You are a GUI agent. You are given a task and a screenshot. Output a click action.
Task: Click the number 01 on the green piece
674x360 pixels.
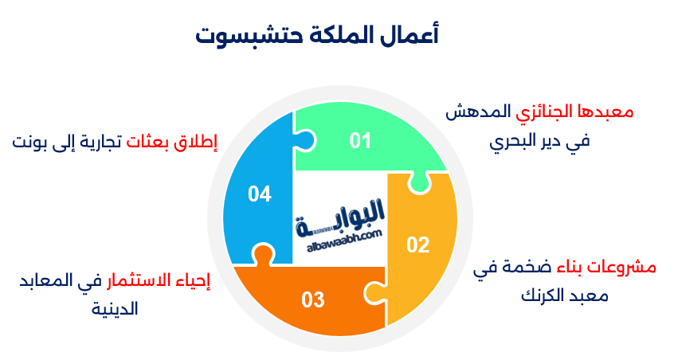point(361,141)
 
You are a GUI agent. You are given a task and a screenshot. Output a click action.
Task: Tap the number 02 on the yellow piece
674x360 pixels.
point(417,245)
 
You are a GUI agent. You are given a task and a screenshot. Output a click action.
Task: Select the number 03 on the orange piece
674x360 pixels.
point(313,300)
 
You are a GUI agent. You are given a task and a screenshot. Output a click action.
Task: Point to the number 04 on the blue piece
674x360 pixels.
point(260,194)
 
